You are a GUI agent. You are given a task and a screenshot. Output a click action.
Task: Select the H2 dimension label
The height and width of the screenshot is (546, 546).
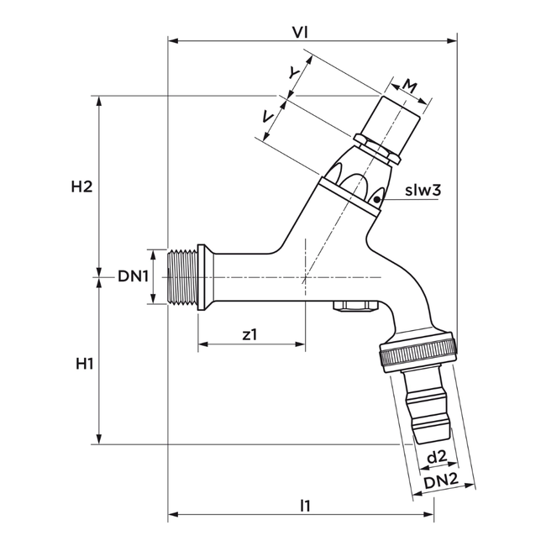pyautogui.click(x=81, y=186)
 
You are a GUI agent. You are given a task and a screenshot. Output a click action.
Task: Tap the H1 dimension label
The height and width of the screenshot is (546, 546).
pyautogui.click(x=83, y=364)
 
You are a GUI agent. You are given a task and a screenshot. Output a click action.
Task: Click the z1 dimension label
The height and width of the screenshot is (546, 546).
pyautogui.click(x=249, y=333)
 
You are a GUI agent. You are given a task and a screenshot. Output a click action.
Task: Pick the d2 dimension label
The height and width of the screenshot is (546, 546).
pyautogui.click(x=436, y=457)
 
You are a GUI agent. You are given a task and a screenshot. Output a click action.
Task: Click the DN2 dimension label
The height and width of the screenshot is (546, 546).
pyautogui.click(x=439, y=481)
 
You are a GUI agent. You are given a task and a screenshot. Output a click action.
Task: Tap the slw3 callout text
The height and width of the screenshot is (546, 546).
pyautogui.click(x=423, y=191)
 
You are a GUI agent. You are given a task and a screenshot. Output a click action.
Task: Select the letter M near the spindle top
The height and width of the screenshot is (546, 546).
pyautogui.click(x=408, y=85)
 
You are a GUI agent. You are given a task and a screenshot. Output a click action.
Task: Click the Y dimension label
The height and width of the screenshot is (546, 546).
pyautogui.click(x=293, y=73)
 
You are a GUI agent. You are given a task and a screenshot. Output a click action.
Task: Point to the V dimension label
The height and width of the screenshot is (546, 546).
pyautogui.click(x=267, y=118)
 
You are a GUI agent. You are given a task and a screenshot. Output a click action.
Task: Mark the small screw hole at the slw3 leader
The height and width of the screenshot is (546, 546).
pyautogui.click(x=377, y=198)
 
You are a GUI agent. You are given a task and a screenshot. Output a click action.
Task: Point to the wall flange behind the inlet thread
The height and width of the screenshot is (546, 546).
pyautogui.click(x=202, y=277)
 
